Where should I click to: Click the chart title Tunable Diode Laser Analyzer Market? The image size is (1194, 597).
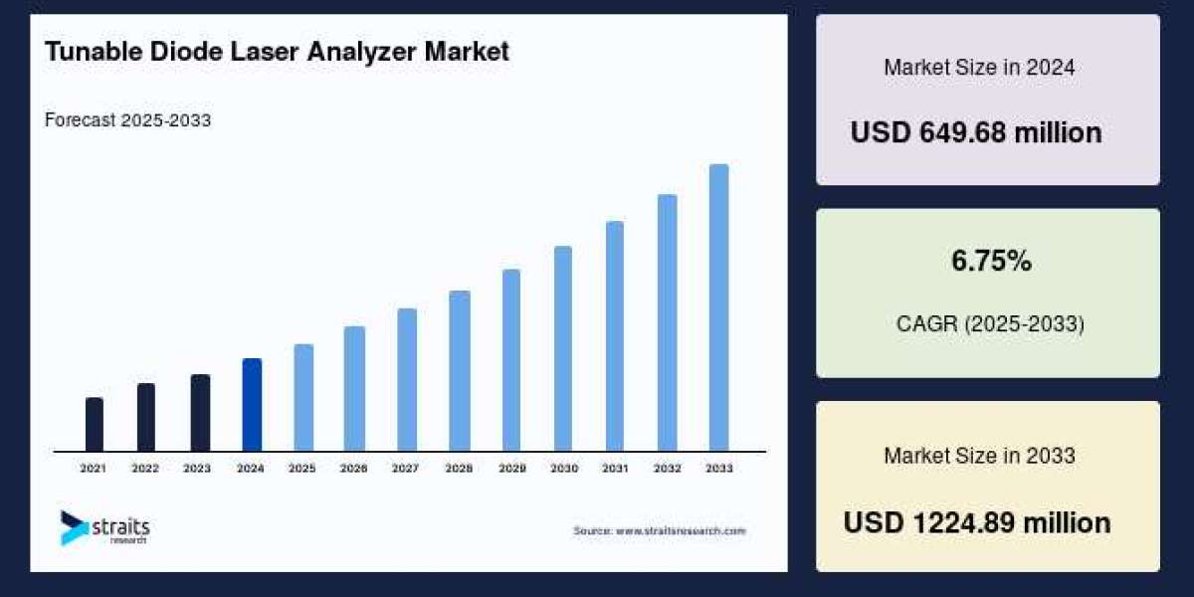[x=277, y=53]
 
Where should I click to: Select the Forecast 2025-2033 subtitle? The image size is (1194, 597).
[x=127, y=120]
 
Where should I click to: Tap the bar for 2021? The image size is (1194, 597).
[x=95, y=425]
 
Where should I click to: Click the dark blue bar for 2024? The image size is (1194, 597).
[x=252, y=405]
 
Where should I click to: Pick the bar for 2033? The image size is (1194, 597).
[x=718, y=307]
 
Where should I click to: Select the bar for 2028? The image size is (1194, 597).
[x=460, y=371]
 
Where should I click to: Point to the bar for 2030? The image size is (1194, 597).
[x=563, y=348]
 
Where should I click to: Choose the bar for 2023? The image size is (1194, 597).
[x=200, y=413]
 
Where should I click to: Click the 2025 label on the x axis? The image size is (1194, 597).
[x=302, y=468]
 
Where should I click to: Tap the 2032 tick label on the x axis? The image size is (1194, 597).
[x=667, y=468]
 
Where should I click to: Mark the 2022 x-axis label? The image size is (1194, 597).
[x=145, y=468]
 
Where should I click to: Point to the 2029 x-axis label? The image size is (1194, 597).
[x=511, y=468]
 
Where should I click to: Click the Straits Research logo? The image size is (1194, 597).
[x=104, y=527]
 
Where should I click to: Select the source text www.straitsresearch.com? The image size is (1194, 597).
[x=659, y=531]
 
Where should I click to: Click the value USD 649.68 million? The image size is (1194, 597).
[x=976, y=132]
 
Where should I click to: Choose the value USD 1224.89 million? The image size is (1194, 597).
[x=977, y=522]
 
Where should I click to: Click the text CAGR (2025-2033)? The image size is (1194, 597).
[x=988, y=324]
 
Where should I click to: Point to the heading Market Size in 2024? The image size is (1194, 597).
[x=979, y=68]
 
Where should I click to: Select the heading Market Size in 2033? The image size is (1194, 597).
[x=979, y=456]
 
